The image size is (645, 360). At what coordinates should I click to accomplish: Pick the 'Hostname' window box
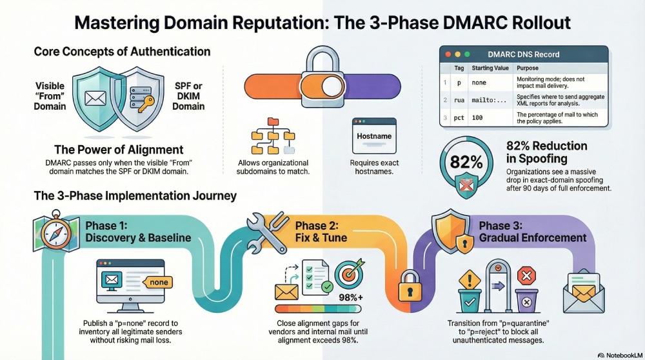point(375,137)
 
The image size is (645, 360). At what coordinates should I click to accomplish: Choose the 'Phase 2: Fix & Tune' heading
point(321,231)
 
